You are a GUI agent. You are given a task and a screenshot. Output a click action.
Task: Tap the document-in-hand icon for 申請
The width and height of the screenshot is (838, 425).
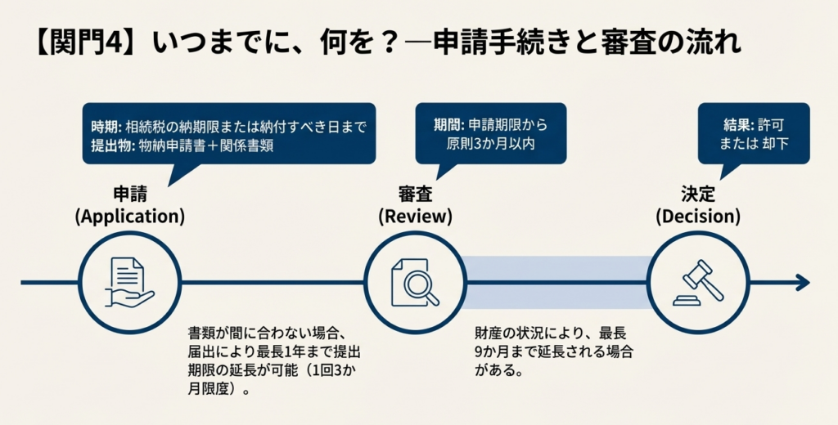coord(130,283)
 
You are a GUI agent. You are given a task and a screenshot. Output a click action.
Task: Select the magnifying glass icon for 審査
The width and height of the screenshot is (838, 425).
coord(415,283)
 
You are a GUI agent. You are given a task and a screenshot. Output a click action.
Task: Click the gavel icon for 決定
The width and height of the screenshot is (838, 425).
coord(698,283)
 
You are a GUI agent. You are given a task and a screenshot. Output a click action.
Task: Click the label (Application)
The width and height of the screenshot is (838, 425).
coord(129,217)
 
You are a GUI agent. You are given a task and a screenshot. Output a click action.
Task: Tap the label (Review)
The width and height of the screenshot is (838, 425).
coord(415,217)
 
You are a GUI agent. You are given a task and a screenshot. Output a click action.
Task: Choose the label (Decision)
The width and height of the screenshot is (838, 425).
coord(698,217)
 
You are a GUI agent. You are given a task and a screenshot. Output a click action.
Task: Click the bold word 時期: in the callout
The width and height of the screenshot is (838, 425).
coord(106,127)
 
